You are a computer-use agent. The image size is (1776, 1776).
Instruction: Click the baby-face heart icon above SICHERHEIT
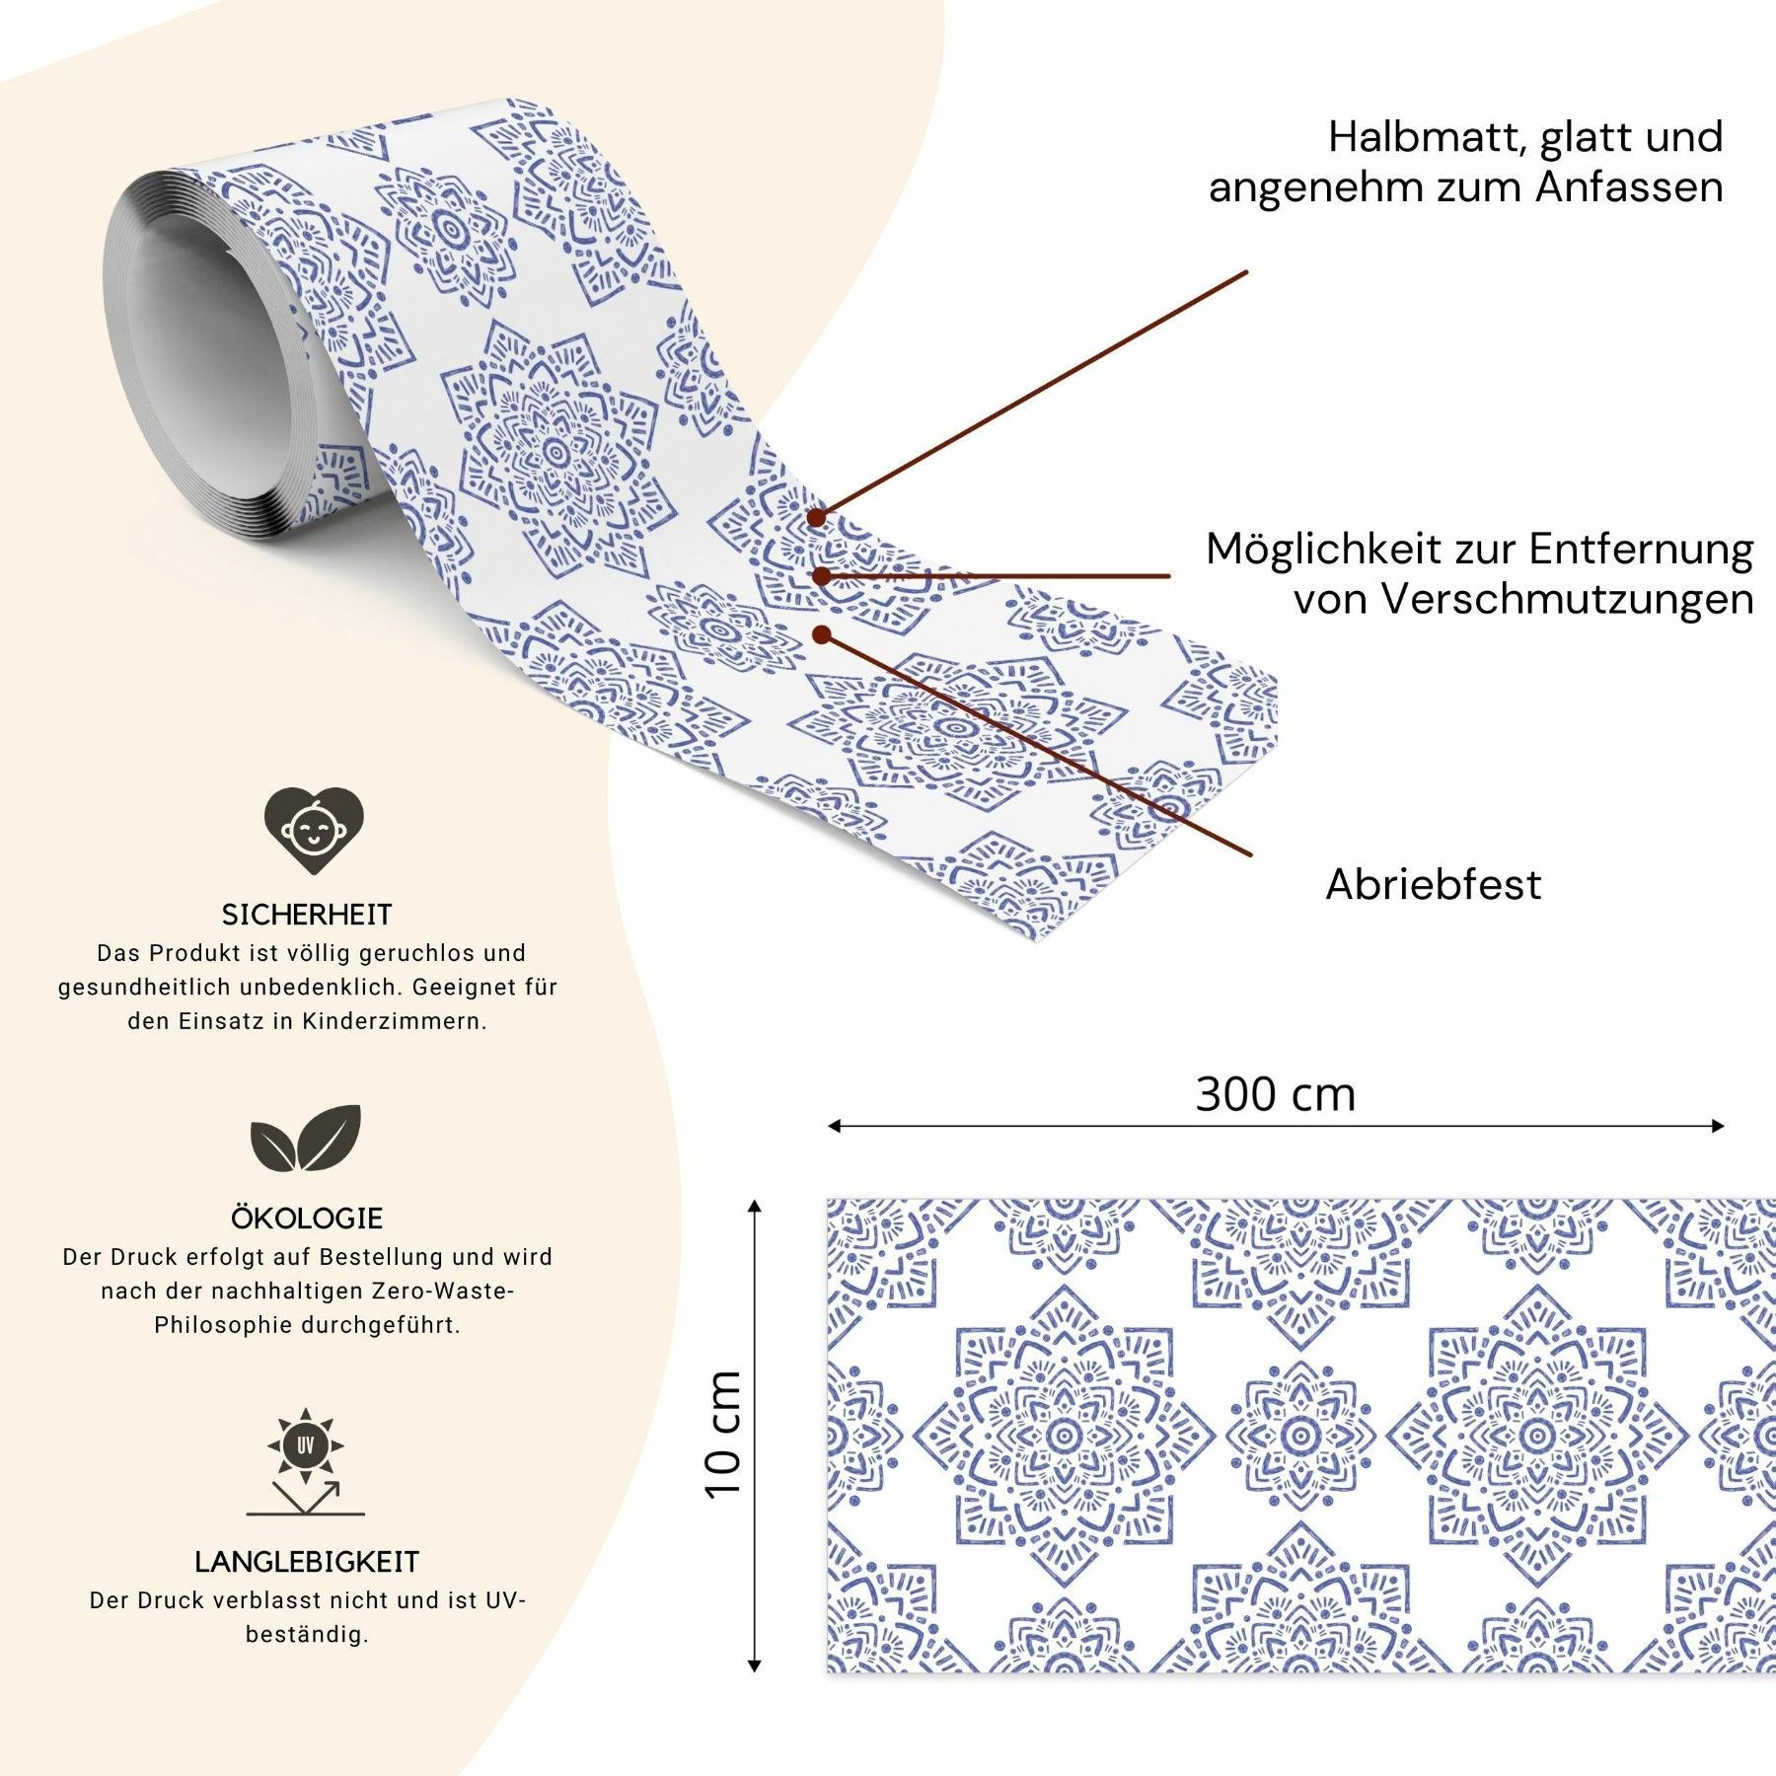tap(314, 830)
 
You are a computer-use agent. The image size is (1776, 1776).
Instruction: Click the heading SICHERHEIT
tap(307, 915)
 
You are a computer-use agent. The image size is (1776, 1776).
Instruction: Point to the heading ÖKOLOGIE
tap(307, 1218)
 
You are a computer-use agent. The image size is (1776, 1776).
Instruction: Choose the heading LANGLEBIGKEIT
tap(307, 1562)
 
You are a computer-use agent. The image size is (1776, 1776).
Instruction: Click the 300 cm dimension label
tap(1276, 1094)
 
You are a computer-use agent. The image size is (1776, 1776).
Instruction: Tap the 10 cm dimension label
tap(723, 1435)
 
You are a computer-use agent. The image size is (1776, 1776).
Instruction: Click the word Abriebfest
tap(1433, 884)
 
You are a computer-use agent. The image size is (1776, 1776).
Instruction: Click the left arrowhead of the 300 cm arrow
tap(834, 1126)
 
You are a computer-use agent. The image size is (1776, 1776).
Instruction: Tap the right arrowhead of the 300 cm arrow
tap(1718, 1126)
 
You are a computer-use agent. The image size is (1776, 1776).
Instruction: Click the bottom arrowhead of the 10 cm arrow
tap(755, 1665)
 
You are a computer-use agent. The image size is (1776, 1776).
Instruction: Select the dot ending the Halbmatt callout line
tap(817, 516)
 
